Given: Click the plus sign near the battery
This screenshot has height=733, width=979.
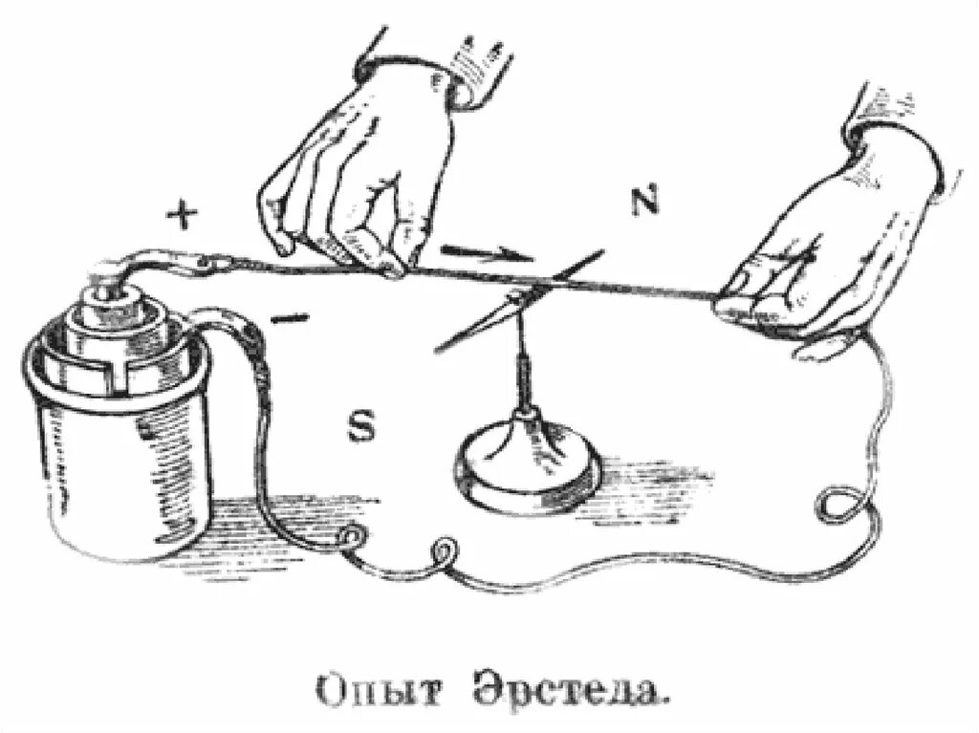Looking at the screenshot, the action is click(x=179, y=216).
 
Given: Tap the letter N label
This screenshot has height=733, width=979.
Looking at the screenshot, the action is click(x=646, y=202).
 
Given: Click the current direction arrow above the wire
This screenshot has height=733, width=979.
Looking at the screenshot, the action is click(x=484, y=253).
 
